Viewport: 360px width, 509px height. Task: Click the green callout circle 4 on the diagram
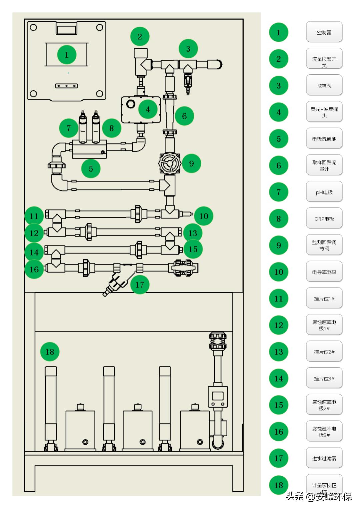148,109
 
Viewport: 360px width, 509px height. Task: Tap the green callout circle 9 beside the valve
191,163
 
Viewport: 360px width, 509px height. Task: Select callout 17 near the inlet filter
140,285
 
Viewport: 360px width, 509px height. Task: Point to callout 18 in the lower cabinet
50,352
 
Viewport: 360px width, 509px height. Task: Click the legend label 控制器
324,32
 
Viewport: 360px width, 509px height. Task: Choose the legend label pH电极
324,192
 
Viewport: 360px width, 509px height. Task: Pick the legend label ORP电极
324,218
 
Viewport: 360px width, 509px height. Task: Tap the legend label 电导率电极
324,272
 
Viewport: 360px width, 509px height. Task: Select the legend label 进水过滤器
324,458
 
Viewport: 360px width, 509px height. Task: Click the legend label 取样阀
324,86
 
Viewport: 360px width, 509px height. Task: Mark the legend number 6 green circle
279,165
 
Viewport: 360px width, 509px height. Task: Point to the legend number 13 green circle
279,352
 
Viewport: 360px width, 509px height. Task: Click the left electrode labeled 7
83,127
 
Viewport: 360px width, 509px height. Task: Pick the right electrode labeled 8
96,127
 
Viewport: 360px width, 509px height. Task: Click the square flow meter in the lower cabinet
218,396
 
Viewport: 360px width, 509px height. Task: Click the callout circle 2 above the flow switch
140,36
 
